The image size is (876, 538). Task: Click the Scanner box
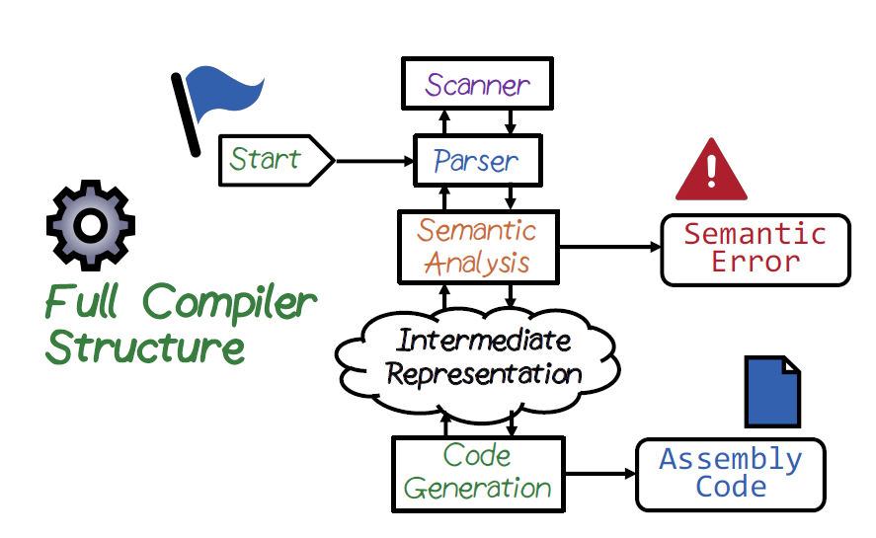point(476,84)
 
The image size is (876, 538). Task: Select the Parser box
point(476,160)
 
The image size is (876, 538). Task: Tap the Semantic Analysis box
point(477,247)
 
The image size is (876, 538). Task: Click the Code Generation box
point(478,473)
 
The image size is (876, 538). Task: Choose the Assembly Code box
point(730,474)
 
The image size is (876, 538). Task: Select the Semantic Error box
point(755,249)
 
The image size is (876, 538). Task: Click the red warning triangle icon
point(711,171)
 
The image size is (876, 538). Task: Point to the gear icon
point(90,224)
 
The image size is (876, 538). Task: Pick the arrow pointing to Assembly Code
point(598,474)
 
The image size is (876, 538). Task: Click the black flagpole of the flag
point(186,114)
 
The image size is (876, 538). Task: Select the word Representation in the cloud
point(483,374)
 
